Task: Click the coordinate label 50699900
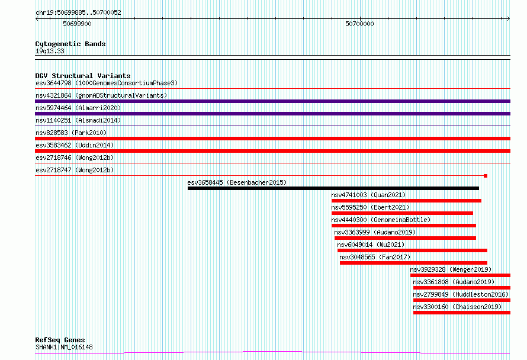click(x=77, y=24)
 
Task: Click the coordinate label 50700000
click(x=359, y=24)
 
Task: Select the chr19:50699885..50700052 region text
click(x=78, y=13)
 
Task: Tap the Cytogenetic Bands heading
click(x=70, y=44)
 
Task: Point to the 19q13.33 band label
click(x=50, y=51)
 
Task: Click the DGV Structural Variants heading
click(x=83, y=76)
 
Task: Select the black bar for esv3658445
click(x=333, y=188)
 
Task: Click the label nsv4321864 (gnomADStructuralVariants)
click(x=101, y=95)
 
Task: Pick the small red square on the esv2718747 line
click(x=486, y=176)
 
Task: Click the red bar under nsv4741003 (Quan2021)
click(x=406, y=201)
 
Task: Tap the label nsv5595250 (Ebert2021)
click(x=370, y=207)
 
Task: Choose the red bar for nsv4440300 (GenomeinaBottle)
click(x=404, y=226)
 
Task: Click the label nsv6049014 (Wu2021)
click(x=371, y=245)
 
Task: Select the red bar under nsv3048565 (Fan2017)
click(x=413, y=263)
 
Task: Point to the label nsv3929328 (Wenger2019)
click(x=451, y=269)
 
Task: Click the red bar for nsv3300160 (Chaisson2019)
click(x=462, y=313)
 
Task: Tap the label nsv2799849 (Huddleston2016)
click(x=461, y=294)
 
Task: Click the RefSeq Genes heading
click(x=60, y=340)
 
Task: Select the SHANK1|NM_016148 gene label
click(x=64, y=347)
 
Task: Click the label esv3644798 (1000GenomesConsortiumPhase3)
click(x=107, y=83)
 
